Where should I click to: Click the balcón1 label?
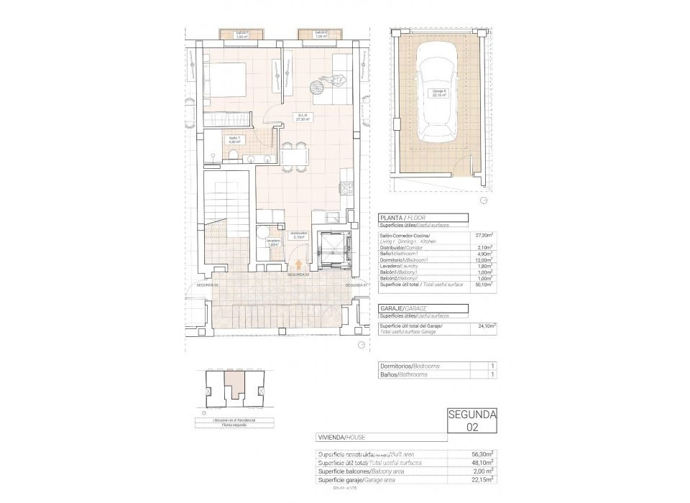click(243, 33)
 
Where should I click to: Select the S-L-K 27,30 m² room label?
click(304, 117)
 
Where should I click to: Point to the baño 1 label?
click(234, 139)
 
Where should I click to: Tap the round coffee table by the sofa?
click(316, 87)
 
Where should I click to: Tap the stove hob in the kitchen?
click(346, 189)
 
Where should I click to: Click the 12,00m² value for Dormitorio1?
click(482, 259)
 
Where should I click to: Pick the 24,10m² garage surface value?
click(486, 324)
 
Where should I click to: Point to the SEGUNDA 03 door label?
click(208, 285)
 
